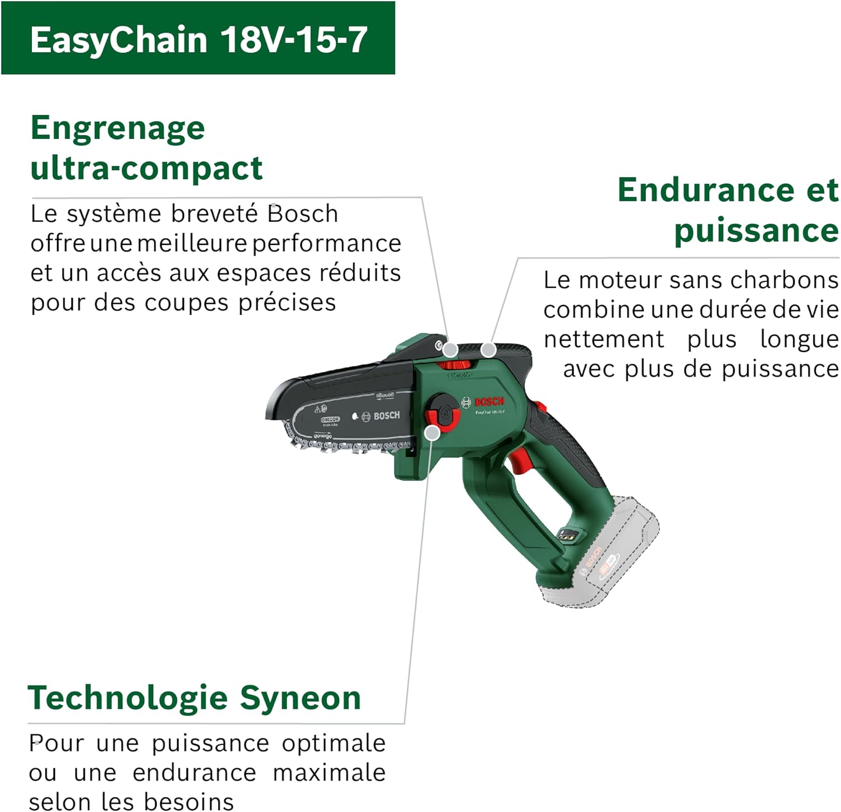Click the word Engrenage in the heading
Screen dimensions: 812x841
118,128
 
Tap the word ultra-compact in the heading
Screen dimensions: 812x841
146,168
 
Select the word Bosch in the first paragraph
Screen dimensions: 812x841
303,214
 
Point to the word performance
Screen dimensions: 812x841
326,244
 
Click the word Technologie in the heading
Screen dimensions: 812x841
127,698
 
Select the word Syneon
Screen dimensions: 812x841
300,698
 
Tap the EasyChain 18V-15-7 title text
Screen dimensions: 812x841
198,39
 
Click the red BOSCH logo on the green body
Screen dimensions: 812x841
489,402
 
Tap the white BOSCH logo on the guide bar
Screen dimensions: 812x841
386,416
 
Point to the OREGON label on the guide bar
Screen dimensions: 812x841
330,419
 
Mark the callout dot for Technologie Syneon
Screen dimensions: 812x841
432,433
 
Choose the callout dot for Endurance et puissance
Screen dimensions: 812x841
488,350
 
